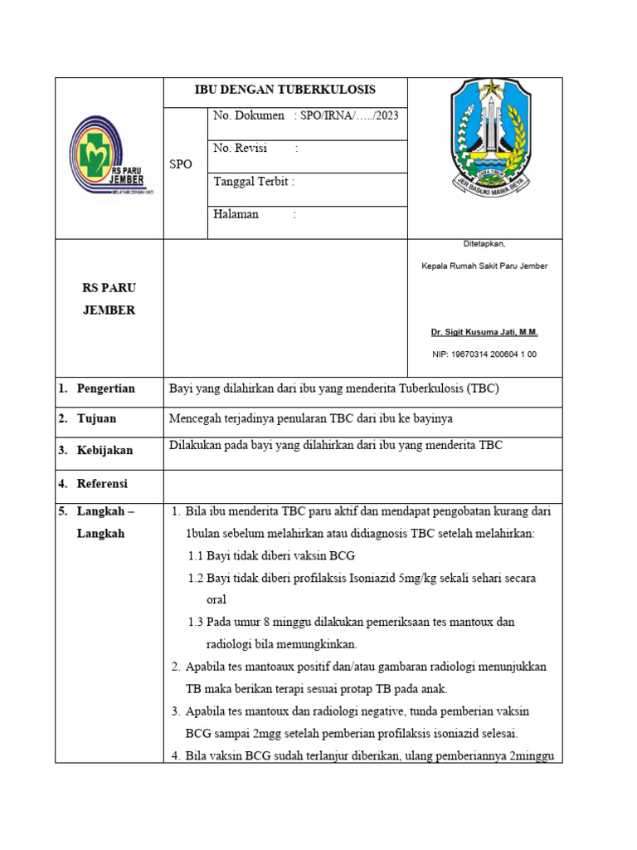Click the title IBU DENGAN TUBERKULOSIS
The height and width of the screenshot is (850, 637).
pyautogui.click(x=285, y=90)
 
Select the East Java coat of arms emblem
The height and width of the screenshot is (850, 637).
pyautogui.click(x=485, y=137)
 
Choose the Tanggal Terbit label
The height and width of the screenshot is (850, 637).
pyautogui.click(x=253, y=181)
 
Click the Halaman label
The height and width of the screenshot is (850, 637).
pyautogui.click(x=236, y=214)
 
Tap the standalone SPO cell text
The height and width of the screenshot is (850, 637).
pyautogui.click(x=181, y=164)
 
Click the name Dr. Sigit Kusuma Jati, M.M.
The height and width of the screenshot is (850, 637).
pyautogui.click(x=484, y=332)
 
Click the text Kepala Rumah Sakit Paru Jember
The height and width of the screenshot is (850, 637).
pyautogui.click(x=484, y=266)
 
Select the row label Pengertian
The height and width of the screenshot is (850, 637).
pyautogui.click(x=105, y=388)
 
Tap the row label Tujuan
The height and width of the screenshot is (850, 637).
pyautogui.click(x=96, y=419)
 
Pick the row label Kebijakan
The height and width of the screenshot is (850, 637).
pyautogui.click(x=105, y=451)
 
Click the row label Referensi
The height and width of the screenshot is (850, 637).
pyautogui.click(x=102, y=483)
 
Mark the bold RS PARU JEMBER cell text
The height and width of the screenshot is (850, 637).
pyautogui.click(x=109, y=300)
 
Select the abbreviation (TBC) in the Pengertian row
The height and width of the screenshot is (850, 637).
pyautogui.click(x=483, y=388)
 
